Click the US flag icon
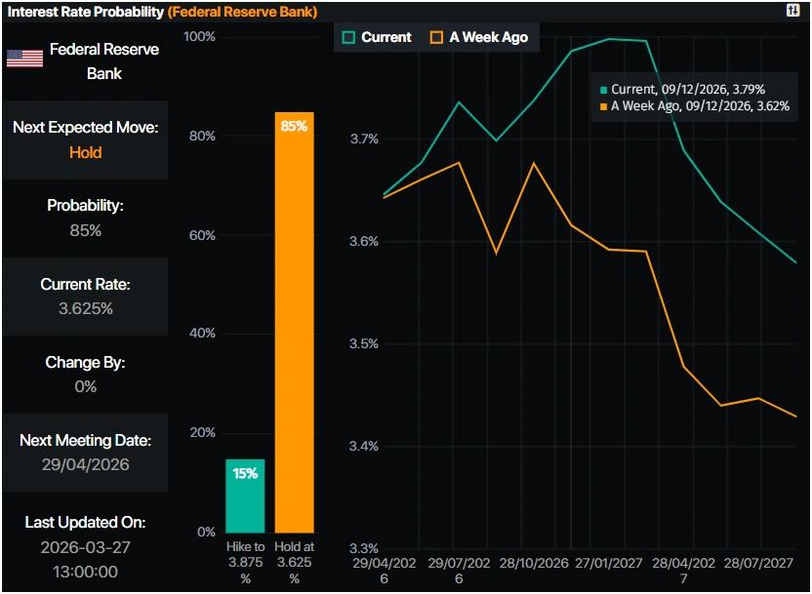[x=24, y=59]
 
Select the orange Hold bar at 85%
[x=294, y=322]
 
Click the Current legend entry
[x=378, y=37]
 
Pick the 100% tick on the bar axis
[x=199, y=37]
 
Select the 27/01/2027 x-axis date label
[x=610, y=564]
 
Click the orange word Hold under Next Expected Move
[x=85, y=152]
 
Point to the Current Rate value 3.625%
[x=85, y=308]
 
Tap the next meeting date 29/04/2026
[x=85, y=464]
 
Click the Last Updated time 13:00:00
[x=85, y=571]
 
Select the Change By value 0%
[x=85, y=386]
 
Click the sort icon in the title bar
[x=792, y=10]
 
